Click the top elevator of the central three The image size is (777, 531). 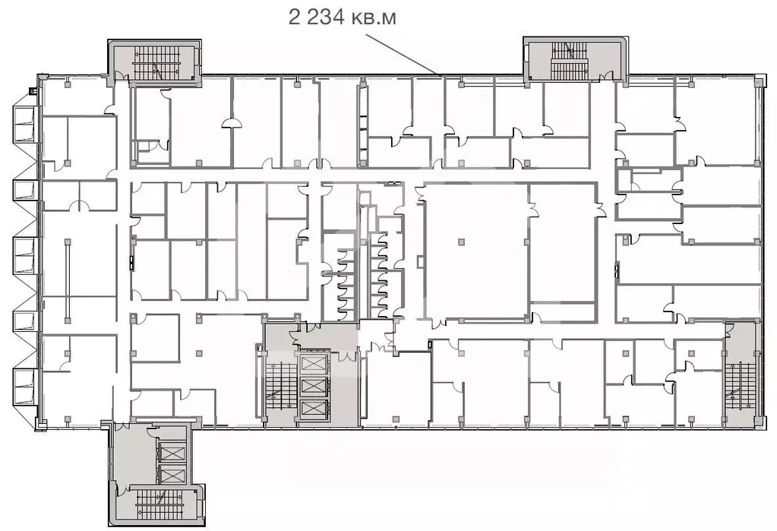click(x=313, y=363)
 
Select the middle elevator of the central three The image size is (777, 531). click(x=313, y=386)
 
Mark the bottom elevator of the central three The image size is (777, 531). click(x=313, y=409)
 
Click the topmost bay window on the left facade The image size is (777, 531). click(x=24, y=124)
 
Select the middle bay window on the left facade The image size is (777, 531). click(x=24, y=256)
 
